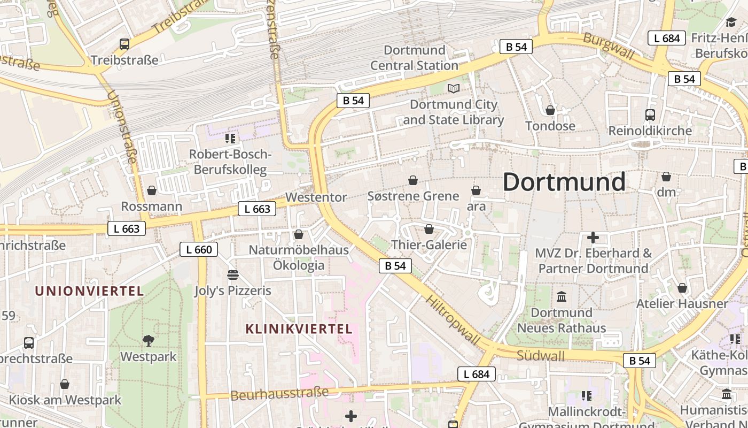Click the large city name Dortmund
tap(564, 182)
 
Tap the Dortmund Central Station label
tap(414, 58)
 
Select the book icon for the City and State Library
tap(454, 88)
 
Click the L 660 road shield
tap(199, 249)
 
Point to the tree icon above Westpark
tap(149, 340)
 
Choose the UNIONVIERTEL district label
tap(89, 291)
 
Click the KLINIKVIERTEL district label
tap(299, 329)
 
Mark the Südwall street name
tap(540, 355)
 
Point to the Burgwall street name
tap(609, 46)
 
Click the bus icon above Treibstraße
tap(124, 44)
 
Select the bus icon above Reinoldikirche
tap(650, 115)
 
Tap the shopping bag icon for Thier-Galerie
tap(428, 230)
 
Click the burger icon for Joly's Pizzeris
tap(232, 275)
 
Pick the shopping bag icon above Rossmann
tap(152, 190)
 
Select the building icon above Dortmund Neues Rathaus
tap(562, 296)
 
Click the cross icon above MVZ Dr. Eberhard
tap(593, 238)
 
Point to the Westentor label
tap(316, 197)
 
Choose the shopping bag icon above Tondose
tap(550, 110)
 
